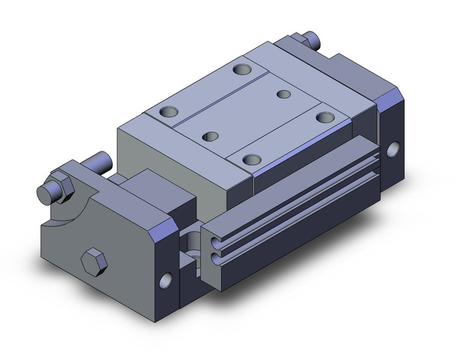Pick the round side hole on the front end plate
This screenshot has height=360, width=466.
[x=165, y=280]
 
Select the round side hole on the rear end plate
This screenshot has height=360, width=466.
[x=393, y=148]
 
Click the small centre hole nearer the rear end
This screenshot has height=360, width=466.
[x=283, y=94]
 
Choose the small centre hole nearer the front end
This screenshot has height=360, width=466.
[x=211, y=135]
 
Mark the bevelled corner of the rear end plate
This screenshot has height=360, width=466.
[x=390, y=99]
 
